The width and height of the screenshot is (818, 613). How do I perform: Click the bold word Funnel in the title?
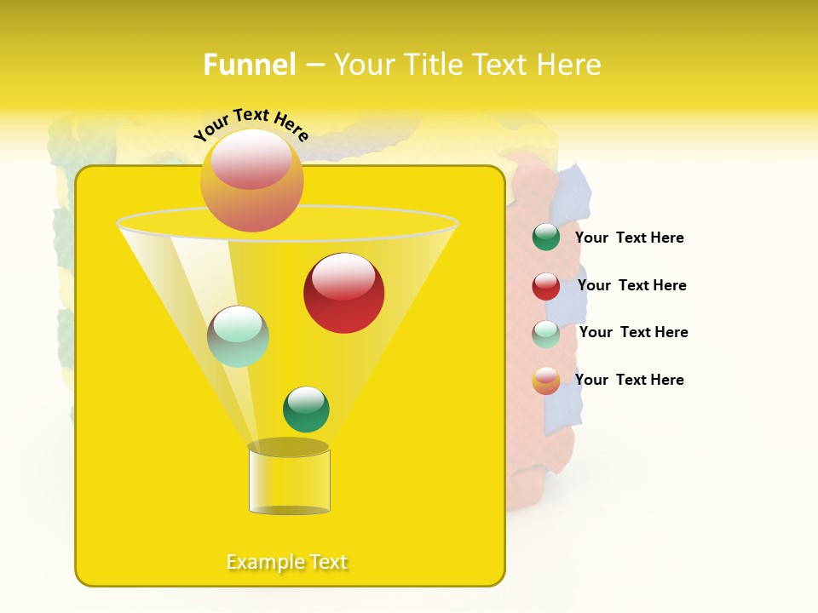coord(249,65)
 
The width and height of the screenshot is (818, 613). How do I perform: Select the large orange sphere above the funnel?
coord(251,180)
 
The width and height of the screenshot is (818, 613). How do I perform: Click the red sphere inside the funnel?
coord(343,293)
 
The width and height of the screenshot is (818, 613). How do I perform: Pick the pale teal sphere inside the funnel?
coord(238,336)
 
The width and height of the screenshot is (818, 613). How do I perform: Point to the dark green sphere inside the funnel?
coord(306,410)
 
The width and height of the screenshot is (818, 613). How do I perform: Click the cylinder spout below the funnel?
coord(289,481)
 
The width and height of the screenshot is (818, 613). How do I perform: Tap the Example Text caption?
coord(287,562)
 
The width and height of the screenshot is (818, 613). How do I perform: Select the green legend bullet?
coord(546,238)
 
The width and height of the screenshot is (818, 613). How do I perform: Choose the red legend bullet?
coord(546,286)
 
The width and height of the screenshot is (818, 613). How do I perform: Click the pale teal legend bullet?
coord(546,334)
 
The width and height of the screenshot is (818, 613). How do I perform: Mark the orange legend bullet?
coord(546,381)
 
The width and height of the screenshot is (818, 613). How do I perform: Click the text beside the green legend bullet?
coord(629,238)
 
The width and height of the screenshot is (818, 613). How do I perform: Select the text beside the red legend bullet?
coord(631,285)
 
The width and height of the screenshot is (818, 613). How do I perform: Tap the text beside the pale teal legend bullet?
coord(633,332)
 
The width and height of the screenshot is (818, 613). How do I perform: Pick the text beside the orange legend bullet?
coord(629,380)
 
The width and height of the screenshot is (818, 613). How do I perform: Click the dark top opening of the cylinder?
coord(289,447)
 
